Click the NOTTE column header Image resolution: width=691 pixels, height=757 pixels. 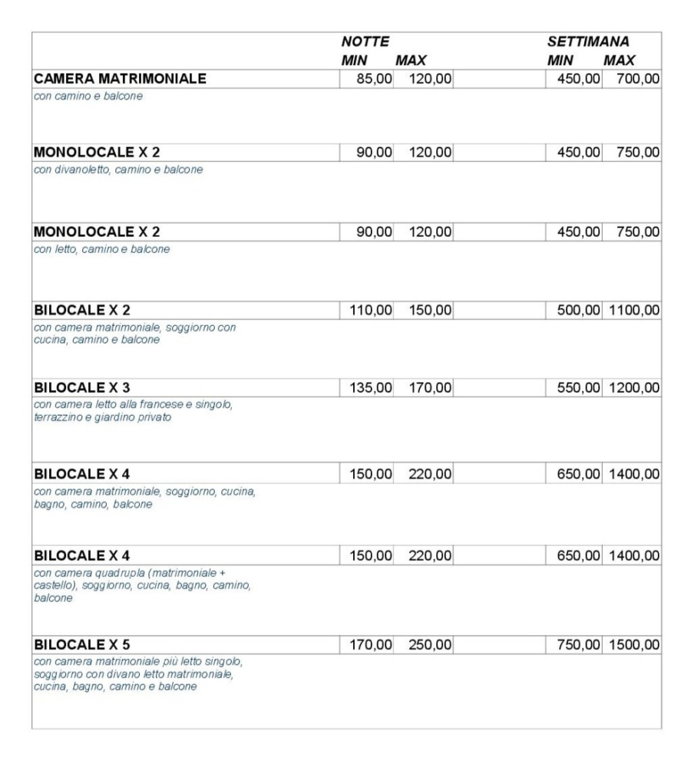[365, 43]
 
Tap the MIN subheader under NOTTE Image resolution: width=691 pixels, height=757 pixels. [354, 61]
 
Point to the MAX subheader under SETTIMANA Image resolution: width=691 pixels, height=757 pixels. [619, 61]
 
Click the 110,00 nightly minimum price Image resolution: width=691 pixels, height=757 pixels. [367, 311]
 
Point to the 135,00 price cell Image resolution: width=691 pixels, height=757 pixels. [367, 387]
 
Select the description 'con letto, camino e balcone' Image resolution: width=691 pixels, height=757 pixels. [101, 249]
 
